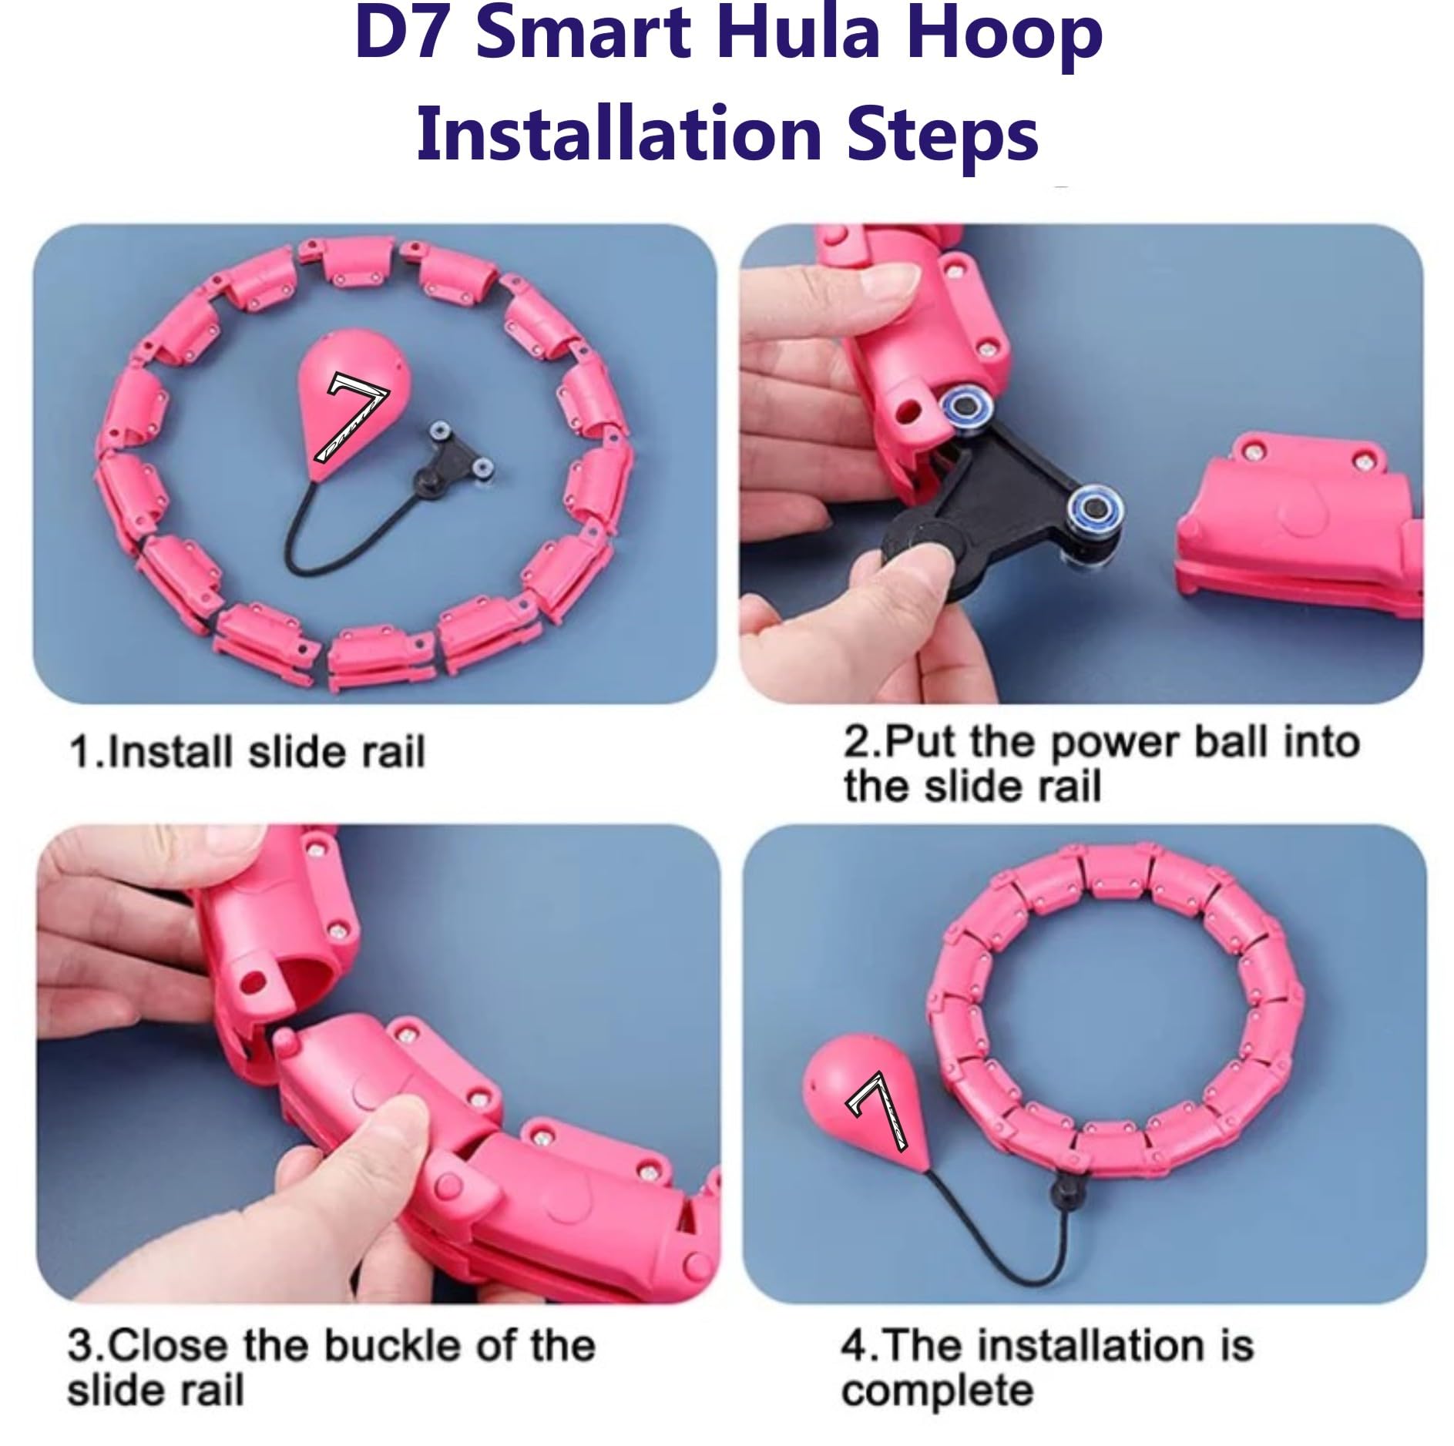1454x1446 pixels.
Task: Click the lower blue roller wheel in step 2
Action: coord(1093,508)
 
